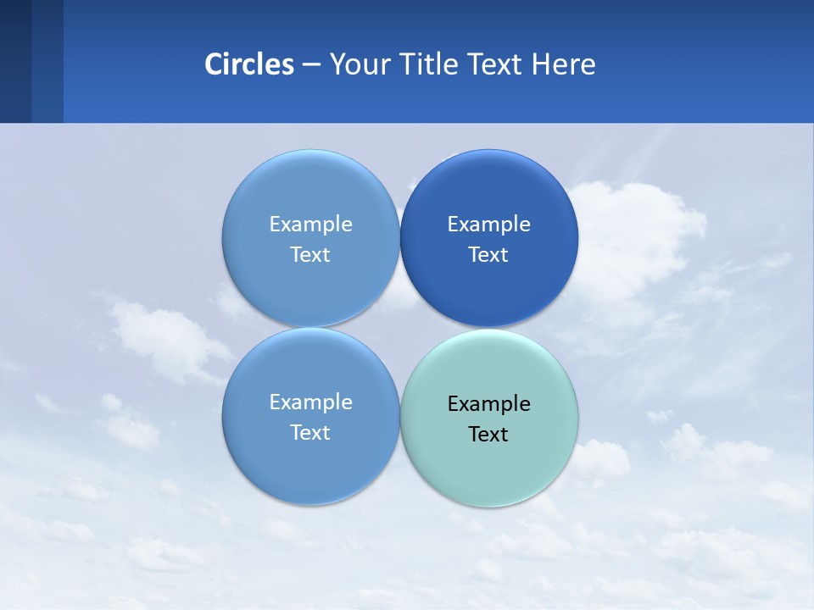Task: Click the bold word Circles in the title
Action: (248, 64)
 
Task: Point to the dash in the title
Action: (311, 64)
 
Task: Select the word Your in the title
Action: (355, 64)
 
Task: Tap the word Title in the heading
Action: (422, 64)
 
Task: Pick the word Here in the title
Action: (564, 64)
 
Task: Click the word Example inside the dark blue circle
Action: (488, 224)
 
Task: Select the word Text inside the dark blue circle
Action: (488, 254)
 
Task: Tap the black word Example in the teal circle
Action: (488, 403)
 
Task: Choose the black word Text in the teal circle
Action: (488, 434)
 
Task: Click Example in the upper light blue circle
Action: (310, 224)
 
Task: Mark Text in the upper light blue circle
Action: (310, 254)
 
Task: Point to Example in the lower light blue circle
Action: (310, 402)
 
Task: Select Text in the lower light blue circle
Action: (310, 432)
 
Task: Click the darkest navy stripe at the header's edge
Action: (15, 61)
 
